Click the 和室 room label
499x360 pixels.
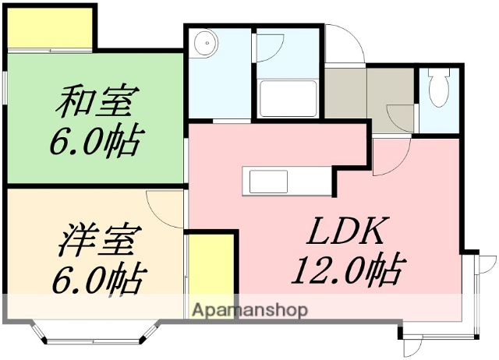tap(97, 101)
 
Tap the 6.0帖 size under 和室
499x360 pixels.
tap(97, 141)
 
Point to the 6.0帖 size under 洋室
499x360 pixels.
tap(97, 278)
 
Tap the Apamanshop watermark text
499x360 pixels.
tap(249, 309)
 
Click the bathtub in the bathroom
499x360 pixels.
tap(288, 97)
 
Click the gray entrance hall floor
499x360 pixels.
tap(367, 94)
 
